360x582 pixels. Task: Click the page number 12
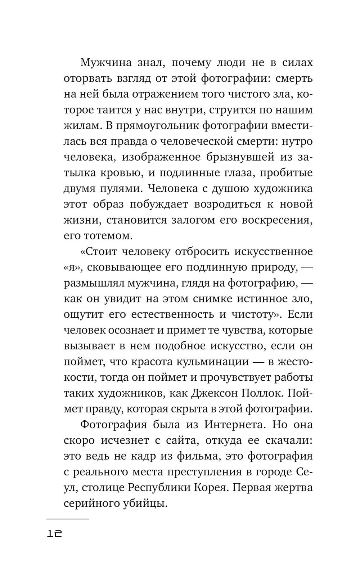point(55,534)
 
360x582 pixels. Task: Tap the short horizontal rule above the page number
point(68,519)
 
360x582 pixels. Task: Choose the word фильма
point(197,456)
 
